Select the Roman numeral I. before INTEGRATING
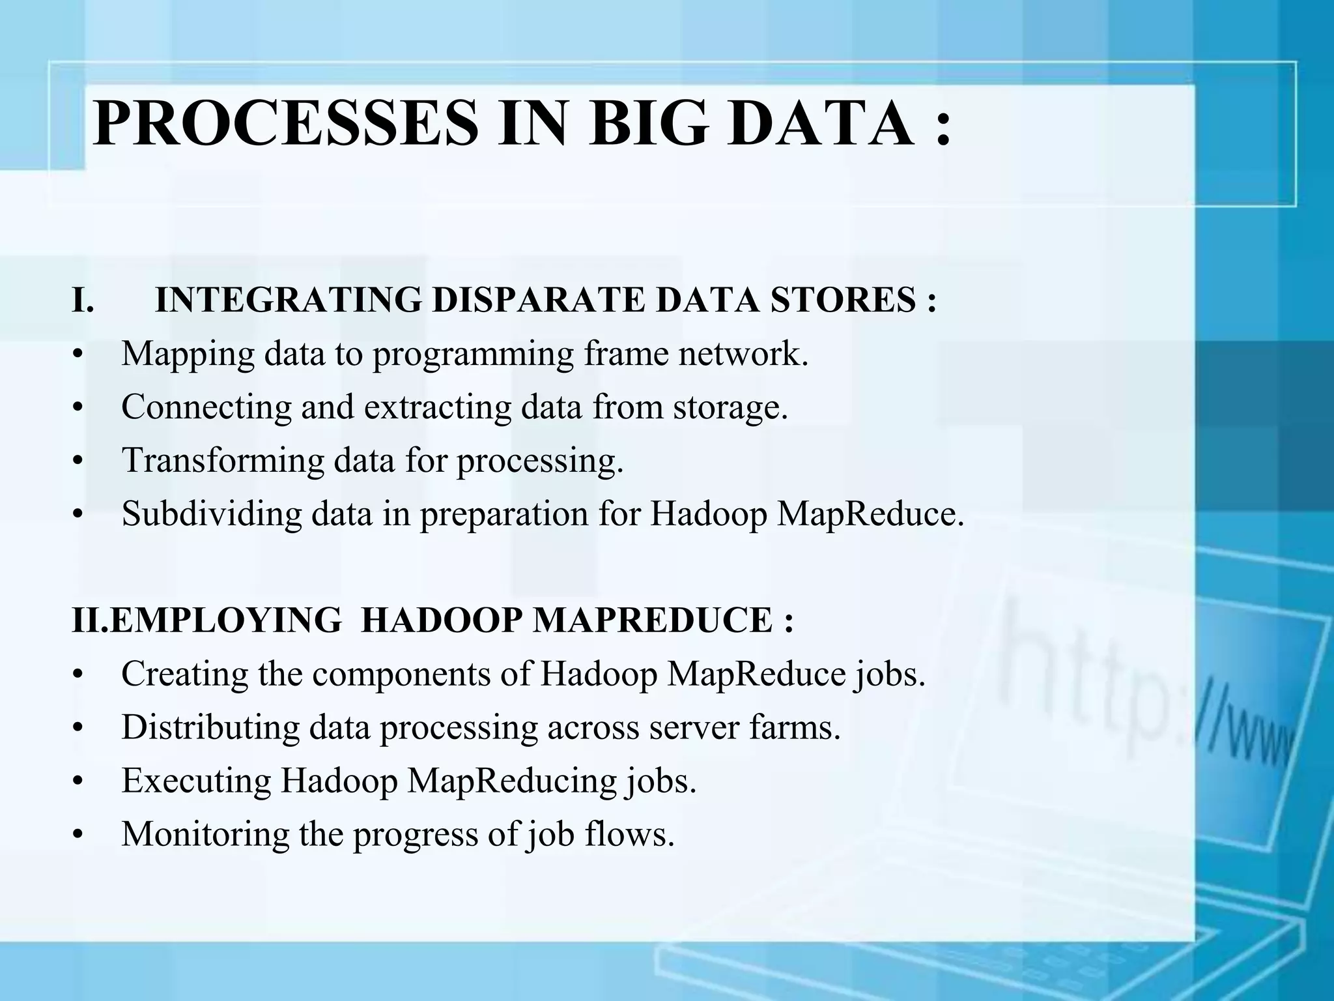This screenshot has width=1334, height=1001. tap(83, 301)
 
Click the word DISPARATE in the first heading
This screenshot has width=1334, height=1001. tap(538, 301)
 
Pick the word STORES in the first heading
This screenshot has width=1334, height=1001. tap(843, 301)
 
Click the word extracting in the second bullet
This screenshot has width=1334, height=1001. tap(440, 407)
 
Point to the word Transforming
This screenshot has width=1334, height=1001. tap(222, 461)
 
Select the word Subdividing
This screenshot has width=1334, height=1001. tap(212, 514)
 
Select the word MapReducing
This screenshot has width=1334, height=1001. tap(512, 781)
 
